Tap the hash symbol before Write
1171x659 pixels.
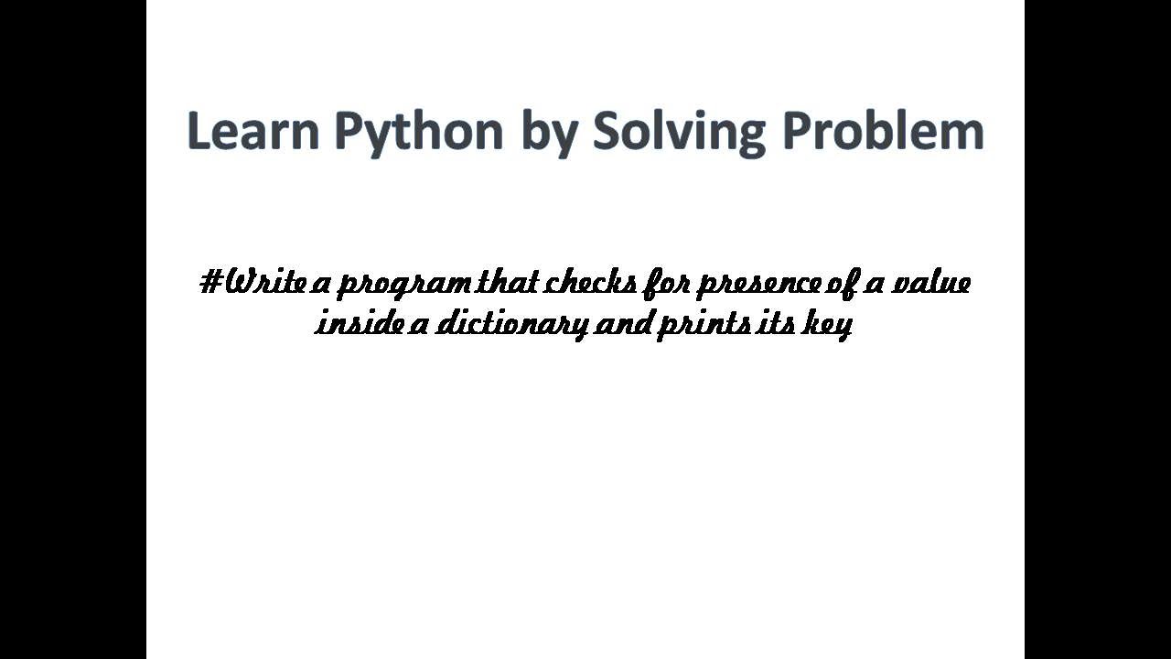(x=209, y=281)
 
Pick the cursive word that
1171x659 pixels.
(x=509, y=281)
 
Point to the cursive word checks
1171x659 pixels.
(x=591, y=281)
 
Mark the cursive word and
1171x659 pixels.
(x=622, y=323)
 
